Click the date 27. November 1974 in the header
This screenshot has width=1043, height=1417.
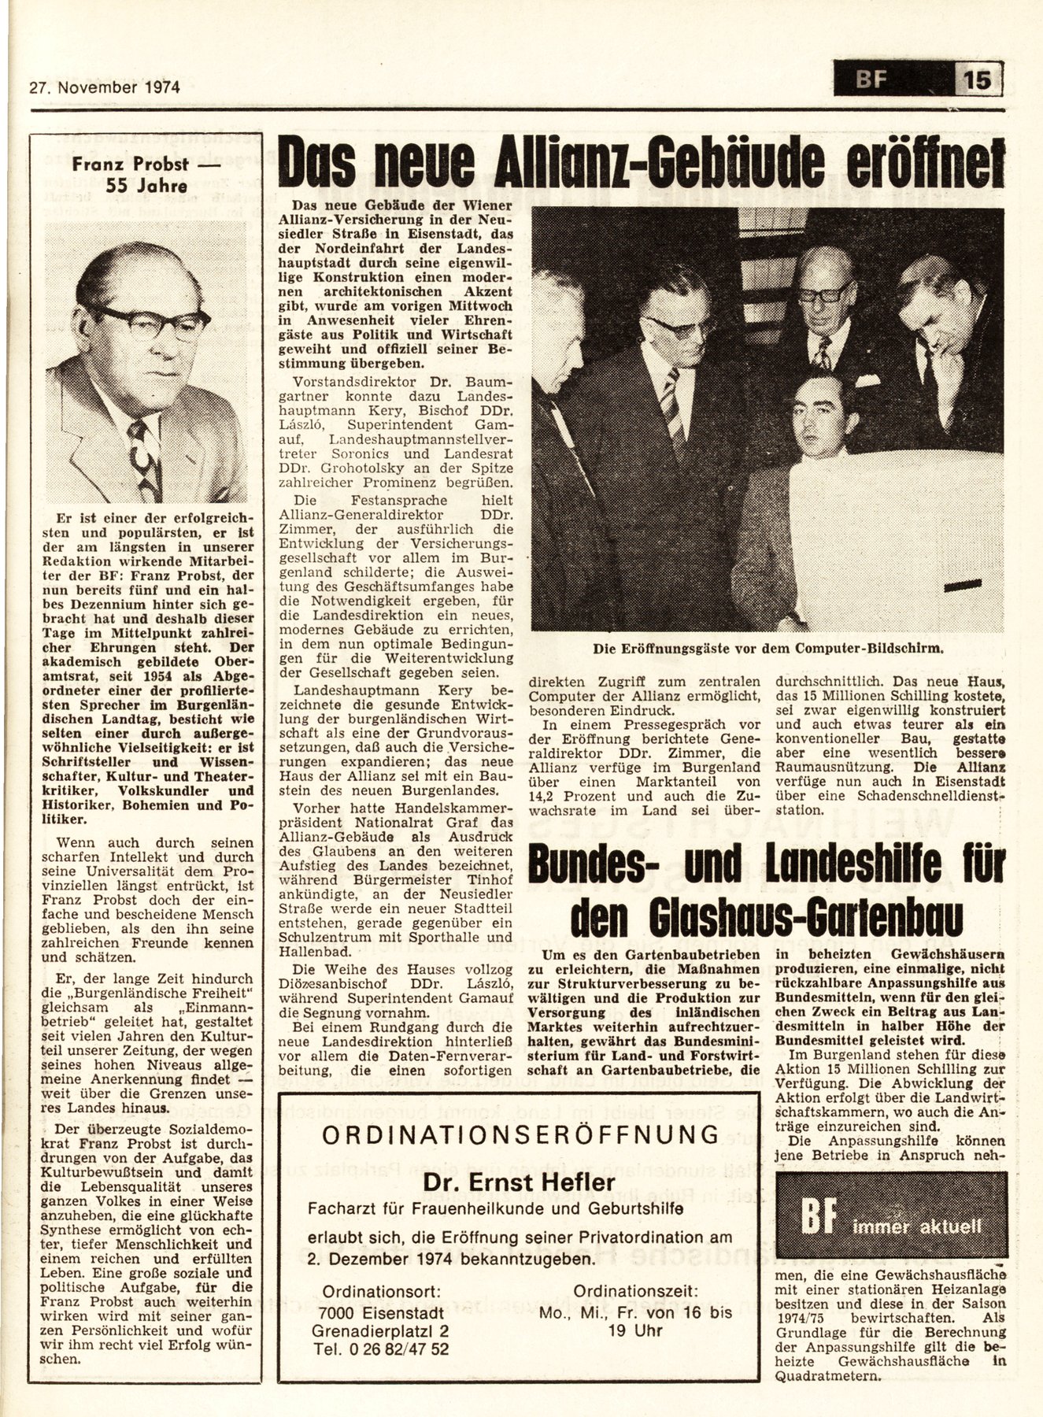(x=102, y=87)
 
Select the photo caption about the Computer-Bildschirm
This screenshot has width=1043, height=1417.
(x=767, y=649)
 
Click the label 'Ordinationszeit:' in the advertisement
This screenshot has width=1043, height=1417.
(x=636, y=1291)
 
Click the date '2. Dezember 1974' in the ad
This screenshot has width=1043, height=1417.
(x=375, y=1260)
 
